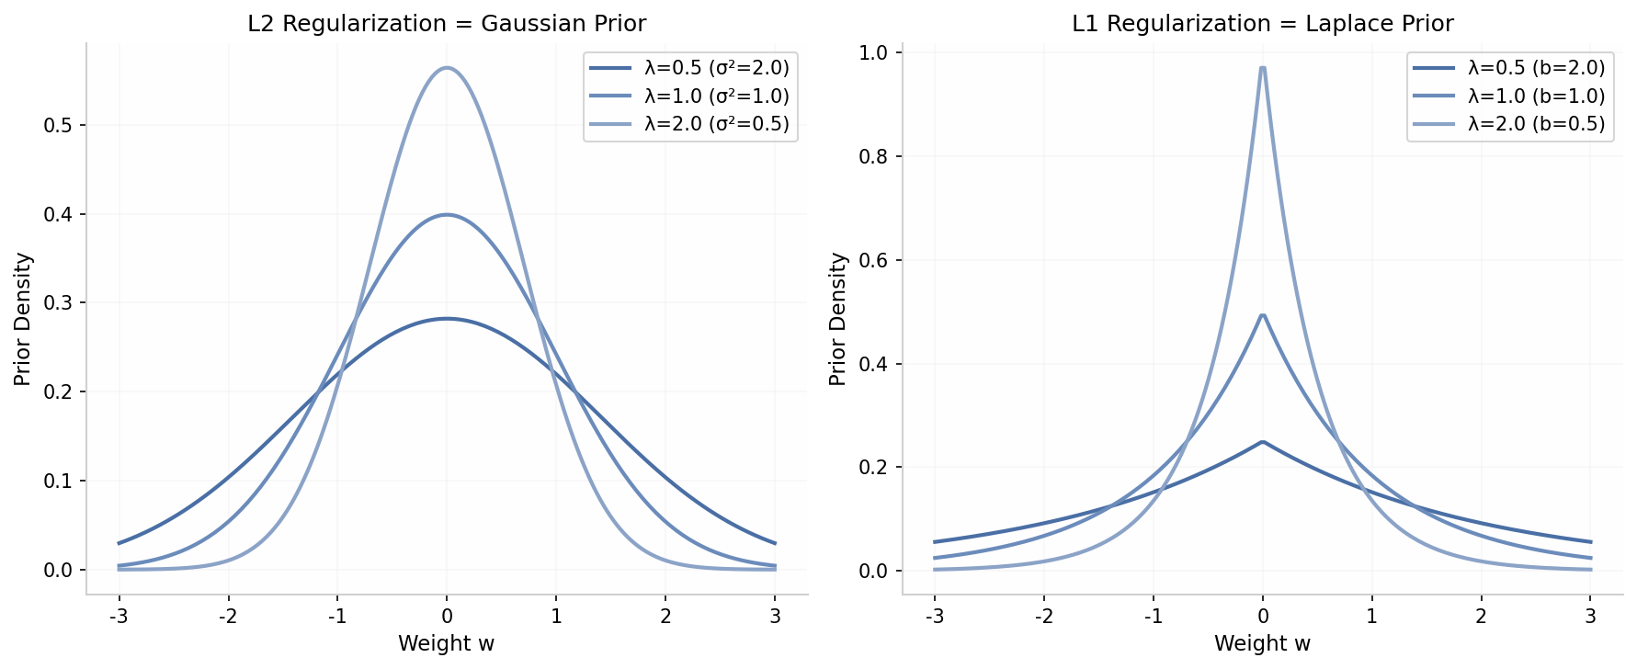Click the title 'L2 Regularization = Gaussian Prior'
[447, 24]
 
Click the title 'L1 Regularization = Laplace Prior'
[1262, 24]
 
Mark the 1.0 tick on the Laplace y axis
[872, 53]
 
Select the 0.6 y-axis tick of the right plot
[872, 261]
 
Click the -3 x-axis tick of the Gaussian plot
[118, 617]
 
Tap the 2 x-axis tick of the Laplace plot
[1481, 617]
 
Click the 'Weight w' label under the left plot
[447, 644]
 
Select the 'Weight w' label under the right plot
[1262, 644]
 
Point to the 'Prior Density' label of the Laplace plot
[837, 319]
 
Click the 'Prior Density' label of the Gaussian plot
[23, 319]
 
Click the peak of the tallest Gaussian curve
[447, 68]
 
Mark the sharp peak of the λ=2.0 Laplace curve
[1263, 68]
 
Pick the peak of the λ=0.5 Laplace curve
[1263, 442]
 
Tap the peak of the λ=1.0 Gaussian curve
[447, 215]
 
